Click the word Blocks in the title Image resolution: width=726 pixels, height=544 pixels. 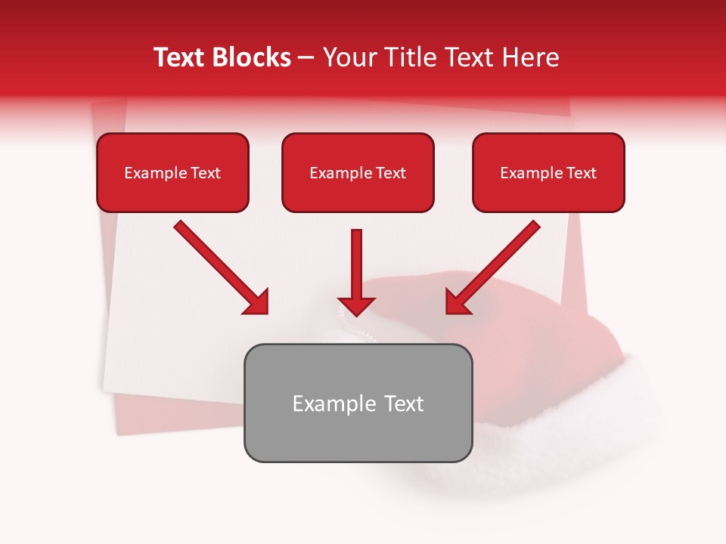pos(253,57)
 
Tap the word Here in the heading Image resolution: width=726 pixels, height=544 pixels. pos(531,57)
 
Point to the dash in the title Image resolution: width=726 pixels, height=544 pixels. pos(306,58)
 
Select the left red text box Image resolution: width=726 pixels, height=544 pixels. pos(172,172)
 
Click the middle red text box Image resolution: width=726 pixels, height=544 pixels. pos(358,172)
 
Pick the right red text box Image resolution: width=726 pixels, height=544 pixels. pos(548,172)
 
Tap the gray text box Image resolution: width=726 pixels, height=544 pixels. pos(358,403)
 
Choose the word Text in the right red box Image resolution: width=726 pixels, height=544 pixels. pos(581,173)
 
